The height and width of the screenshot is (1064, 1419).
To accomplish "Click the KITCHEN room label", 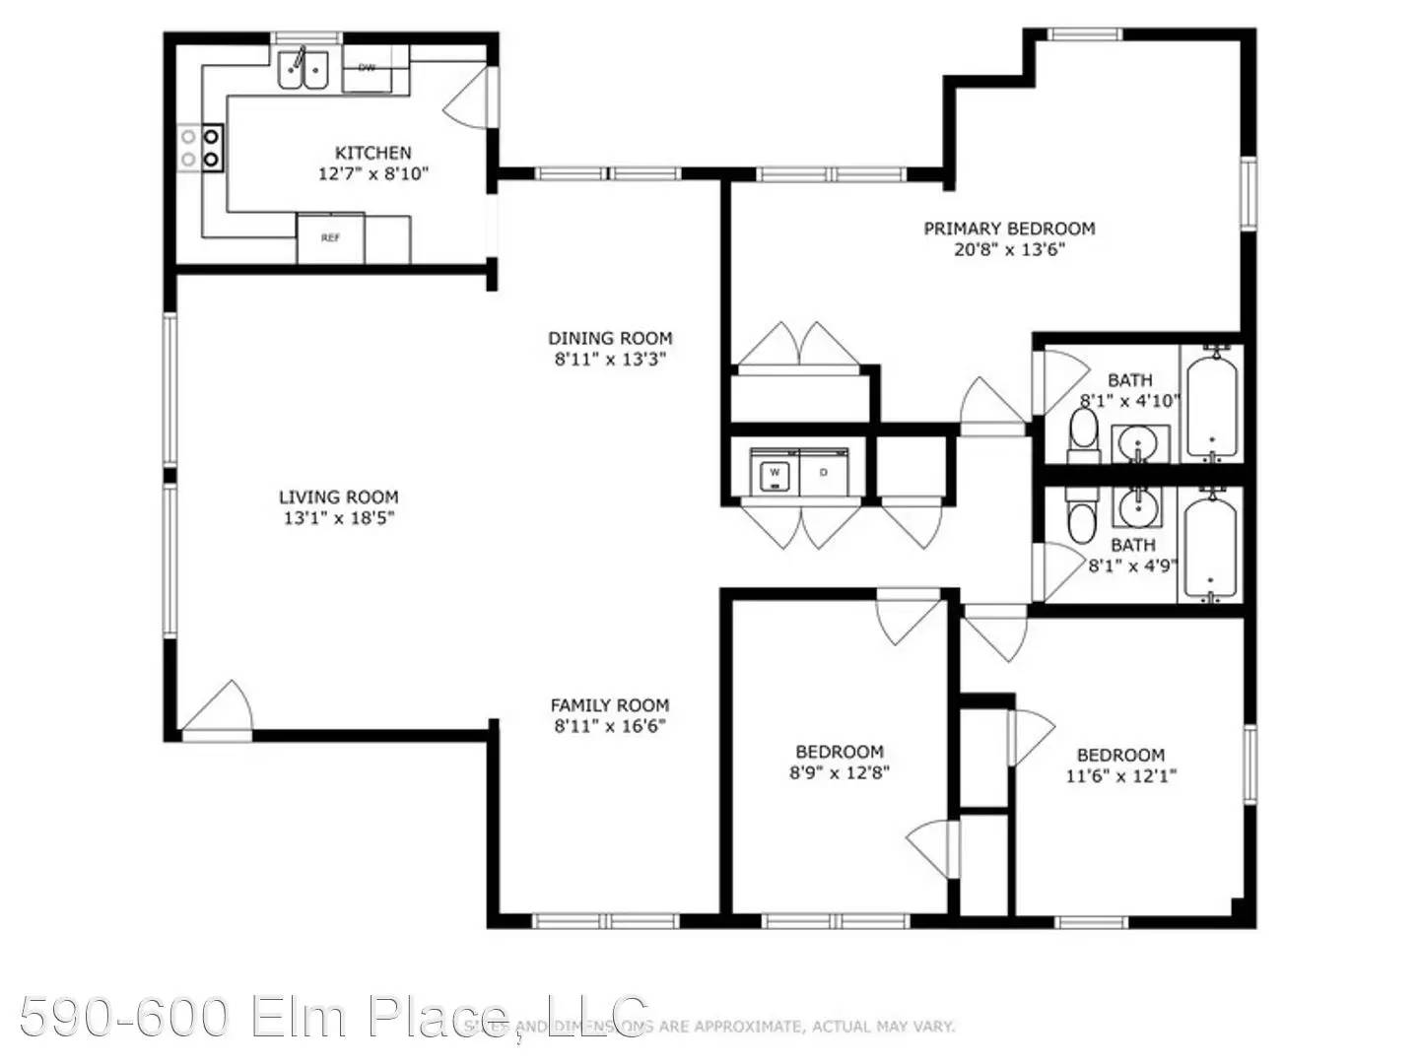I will coord(372,153).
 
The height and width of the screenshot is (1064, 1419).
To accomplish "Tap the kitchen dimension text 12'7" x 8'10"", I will coord(372,174).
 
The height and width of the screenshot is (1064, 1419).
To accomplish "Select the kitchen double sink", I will coord(303,69).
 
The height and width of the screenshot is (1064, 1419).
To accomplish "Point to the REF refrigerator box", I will coord(331,238).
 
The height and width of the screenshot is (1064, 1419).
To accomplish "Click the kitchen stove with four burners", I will coord(201,148).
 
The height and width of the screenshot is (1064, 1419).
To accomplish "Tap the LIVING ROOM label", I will coord(338,498).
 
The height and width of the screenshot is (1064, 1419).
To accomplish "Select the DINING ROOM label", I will coord(610,338).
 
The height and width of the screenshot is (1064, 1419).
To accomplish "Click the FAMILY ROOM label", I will coord(609,705).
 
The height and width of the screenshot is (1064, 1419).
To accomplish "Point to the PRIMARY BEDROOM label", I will coord(1009,229).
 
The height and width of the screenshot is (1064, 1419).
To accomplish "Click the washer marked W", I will coord(775,474).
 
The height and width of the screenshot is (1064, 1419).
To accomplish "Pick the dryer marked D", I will coord(824,474).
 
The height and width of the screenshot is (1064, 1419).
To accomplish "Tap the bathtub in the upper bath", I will coord(1212,404).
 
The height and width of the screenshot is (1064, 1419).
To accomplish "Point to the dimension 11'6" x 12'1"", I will coord(1121,776).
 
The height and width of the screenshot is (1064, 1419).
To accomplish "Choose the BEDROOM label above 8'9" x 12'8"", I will coord(840,752).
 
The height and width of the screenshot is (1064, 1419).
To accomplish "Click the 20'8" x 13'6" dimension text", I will coord(1009,250).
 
